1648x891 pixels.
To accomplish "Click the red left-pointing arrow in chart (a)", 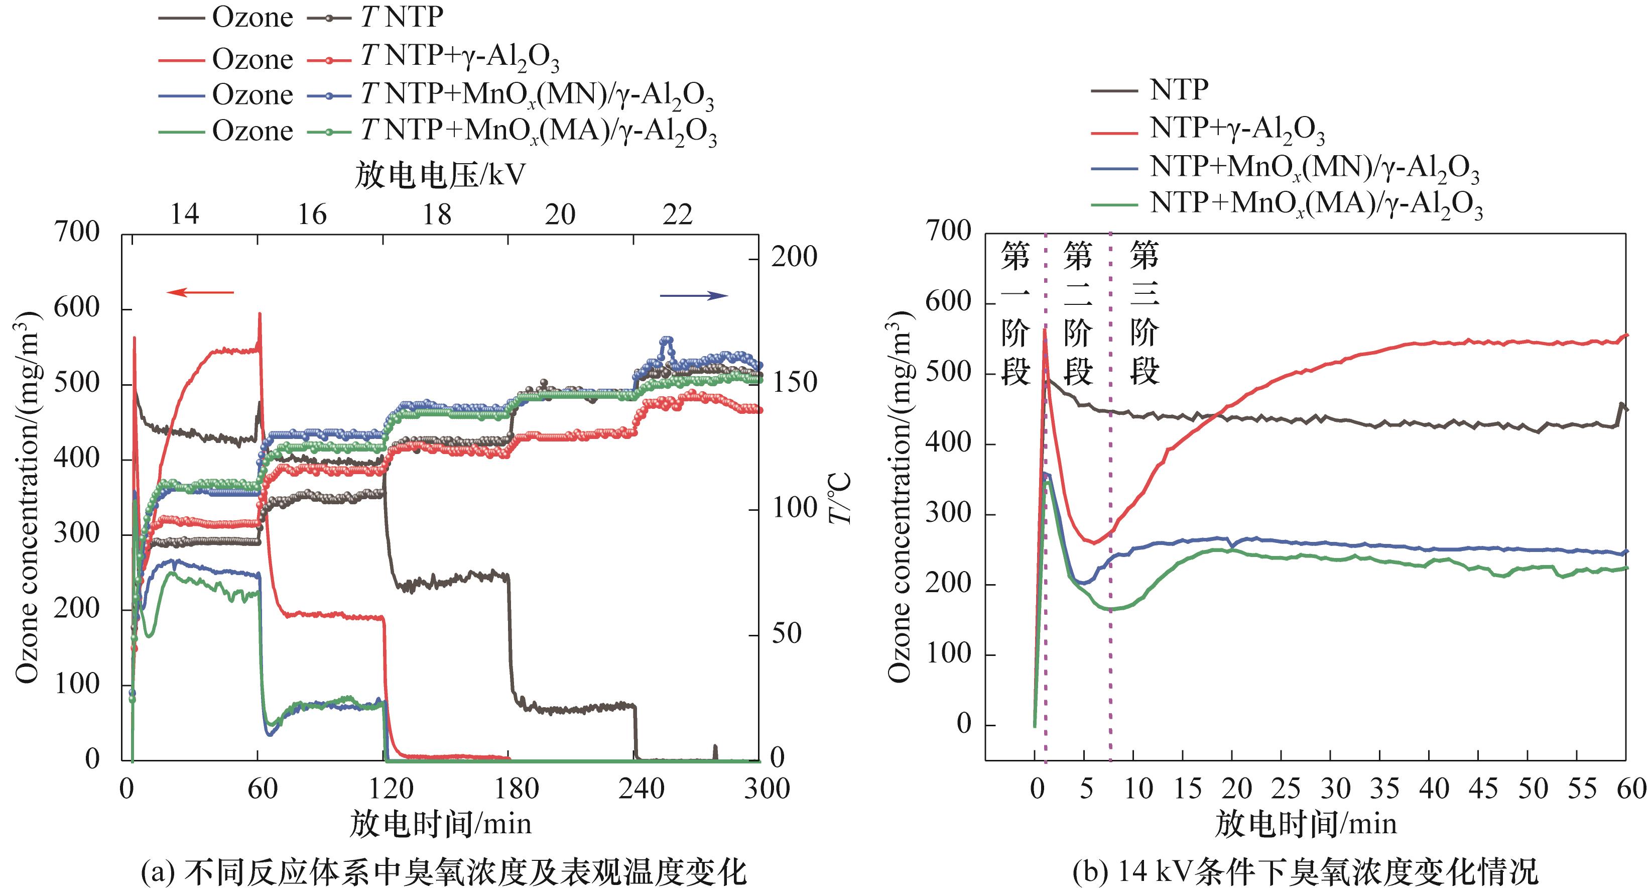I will (200, 292).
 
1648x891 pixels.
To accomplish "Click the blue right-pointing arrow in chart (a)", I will (694, 295).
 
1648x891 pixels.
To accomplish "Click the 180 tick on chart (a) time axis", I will (516, 789).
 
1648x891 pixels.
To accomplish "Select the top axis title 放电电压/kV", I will (440, 175).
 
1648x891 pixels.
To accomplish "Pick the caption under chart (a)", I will (443, 872).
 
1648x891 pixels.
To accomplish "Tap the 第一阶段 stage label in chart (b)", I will (1016, 313).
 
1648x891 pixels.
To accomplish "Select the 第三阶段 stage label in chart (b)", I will (1145, 313).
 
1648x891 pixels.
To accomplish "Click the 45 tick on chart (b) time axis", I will (1483, 789).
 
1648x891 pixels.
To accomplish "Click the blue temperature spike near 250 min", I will (667, 339).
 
